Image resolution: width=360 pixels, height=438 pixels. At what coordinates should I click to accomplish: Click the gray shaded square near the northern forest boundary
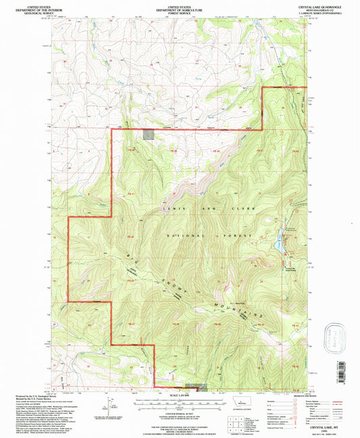(148, 135)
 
